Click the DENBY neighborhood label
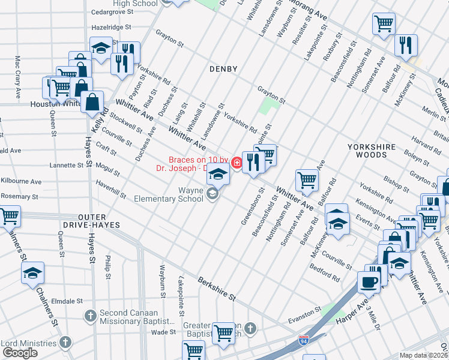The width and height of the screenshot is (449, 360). [x=223, y=69]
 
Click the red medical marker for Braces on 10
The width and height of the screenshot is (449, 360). [x=237, y=163]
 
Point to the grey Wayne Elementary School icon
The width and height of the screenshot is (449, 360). [x=211, y=193]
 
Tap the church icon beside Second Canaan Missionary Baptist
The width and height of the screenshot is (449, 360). [x=90, y=314]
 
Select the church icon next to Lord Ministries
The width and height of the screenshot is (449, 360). [x=65, y=343]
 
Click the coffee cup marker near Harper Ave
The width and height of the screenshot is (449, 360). [x=369, y=281]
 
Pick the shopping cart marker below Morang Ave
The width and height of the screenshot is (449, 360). [x=383, y=24]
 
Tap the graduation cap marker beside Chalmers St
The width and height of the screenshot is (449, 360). [x=32, y=274]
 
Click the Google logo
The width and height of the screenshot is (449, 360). [x=20, y=353]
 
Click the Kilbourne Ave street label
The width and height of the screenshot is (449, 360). [x=21, y=181]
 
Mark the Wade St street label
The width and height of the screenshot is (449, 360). [x=163, y=332]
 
